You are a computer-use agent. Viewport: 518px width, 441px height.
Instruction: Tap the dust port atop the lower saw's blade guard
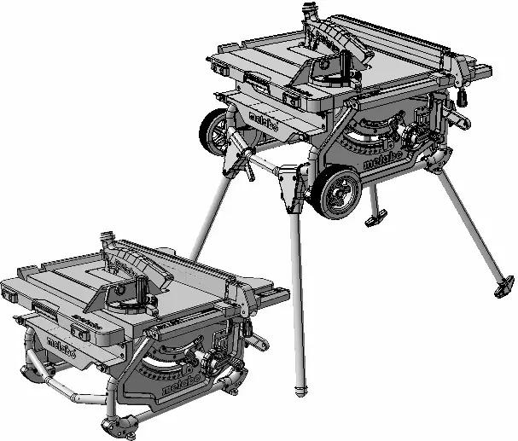(x=106, y=235)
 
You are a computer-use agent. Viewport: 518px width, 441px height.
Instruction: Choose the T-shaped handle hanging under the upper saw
(x=375, y=221)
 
